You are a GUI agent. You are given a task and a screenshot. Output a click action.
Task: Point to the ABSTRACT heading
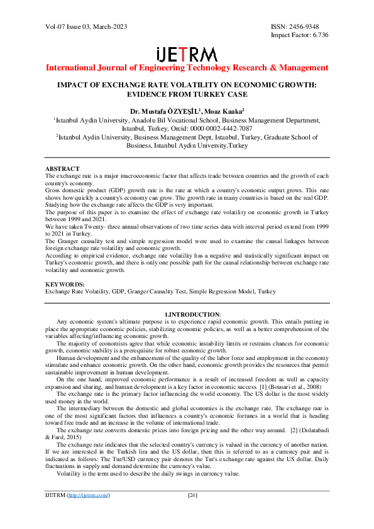(x=62, y=169)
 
